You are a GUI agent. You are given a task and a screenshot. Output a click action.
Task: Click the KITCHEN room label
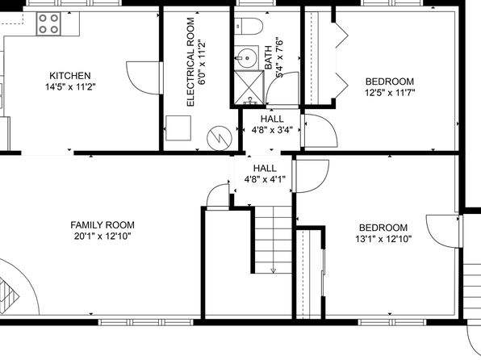[x=70, y=76]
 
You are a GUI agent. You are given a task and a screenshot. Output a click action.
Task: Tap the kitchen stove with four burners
[x=48, y=23]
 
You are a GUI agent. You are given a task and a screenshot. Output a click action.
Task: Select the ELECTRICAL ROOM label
[x=190, y=62]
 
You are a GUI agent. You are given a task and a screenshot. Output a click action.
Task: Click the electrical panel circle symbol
[x=220, y=138]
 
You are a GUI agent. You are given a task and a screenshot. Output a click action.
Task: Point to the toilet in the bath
[x=249, y=27]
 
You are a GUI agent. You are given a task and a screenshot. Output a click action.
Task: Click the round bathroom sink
[x=247, y=57]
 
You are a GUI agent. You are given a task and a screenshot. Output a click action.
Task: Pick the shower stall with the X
[x=249, y=88]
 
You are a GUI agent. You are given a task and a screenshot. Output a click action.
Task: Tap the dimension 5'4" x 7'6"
[x=279, y=57]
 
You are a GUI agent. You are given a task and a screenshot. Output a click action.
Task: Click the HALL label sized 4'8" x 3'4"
[x=272, y=119]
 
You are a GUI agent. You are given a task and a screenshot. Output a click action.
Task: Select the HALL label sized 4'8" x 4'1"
[x=265, y=168]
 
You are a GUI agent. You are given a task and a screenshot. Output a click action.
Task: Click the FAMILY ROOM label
[x=102, y=225]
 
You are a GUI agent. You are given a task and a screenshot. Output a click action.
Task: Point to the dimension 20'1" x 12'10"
[x=102, y=237]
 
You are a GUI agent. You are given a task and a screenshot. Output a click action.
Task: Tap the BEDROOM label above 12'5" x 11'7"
[x=390, y=82]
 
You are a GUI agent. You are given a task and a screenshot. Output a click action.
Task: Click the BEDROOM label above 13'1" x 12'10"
[x=383, y=228]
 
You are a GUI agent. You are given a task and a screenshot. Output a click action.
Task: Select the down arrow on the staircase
[x=274, y=270]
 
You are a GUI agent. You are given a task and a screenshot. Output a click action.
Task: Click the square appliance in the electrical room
[x=178, y=128]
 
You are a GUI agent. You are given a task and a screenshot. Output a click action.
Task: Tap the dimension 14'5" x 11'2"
[x=70, y=87]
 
